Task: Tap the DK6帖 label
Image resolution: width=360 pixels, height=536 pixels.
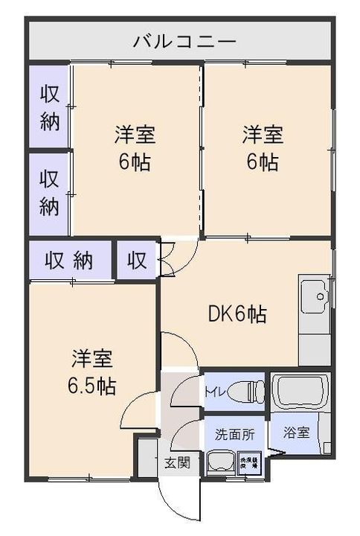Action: tap(237, 315)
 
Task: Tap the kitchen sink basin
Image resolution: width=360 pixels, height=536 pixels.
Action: tap(315, 296)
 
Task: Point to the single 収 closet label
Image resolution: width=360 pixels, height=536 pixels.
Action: tap(136, 261)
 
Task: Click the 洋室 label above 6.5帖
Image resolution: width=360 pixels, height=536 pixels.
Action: tap(92, 359)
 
